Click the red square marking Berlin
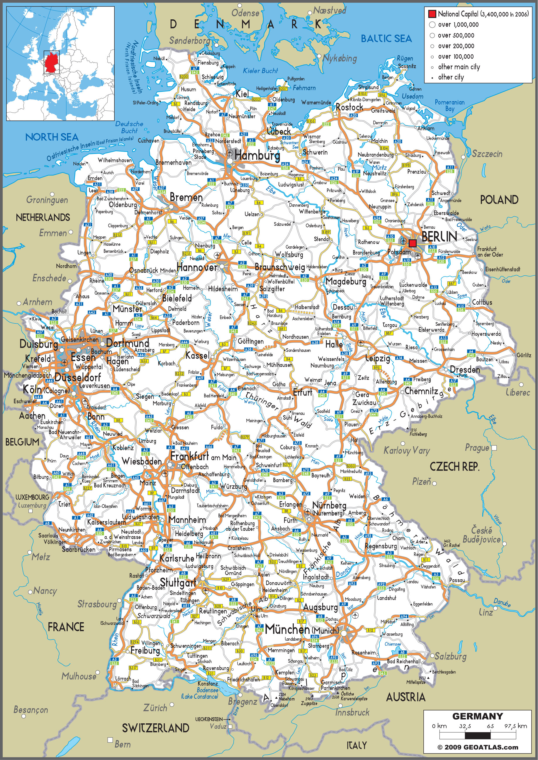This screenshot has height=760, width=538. coord(413,243)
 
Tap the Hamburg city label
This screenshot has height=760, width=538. coord(257,155)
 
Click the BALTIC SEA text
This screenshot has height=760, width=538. coord(386,39)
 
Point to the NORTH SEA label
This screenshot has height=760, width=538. coord(52,137)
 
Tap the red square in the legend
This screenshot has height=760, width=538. coord(432,14)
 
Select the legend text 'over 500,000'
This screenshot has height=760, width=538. coord(456,35)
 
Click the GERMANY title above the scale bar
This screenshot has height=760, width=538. coord(477,716)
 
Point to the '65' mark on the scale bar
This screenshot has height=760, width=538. coord(490,726)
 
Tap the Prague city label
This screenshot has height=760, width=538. coord(477,448)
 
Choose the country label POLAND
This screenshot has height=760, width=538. coord(499,200)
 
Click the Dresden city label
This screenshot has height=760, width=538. coord(465,370)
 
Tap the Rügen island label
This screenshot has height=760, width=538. coord(405,58)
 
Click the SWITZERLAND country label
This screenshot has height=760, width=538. coord(156,728)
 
